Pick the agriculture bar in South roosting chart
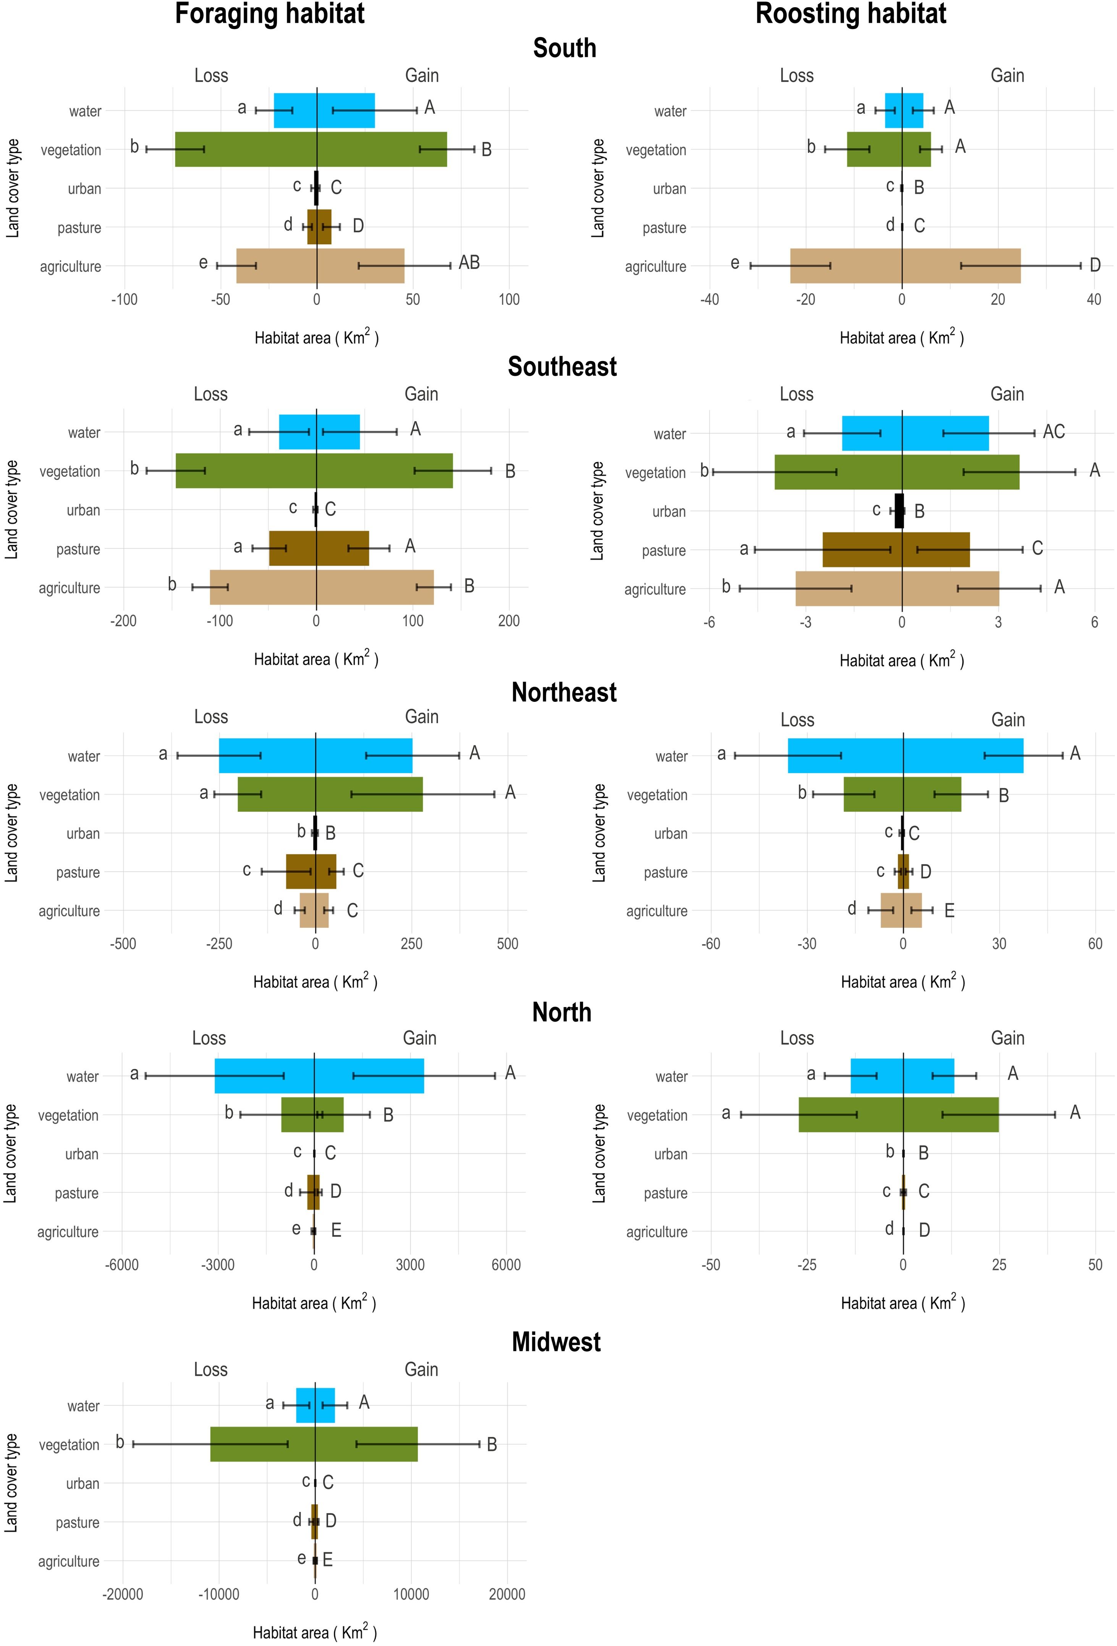[x=905, y=266]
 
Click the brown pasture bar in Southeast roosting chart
[x=896, y=550]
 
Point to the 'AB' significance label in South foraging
[x=469, y=263]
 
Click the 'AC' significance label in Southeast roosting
[x=1054, y=431]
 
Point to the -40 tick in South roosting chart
[x=710, y=300]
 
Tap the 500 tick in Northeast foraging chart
[x=508, y=943]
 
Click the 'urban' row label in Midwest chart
[x=83, y=1483]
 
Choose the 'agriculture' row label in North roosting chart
[x=656, y=1232]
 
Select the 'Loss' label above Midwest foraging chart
[x=210, y=1369]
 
